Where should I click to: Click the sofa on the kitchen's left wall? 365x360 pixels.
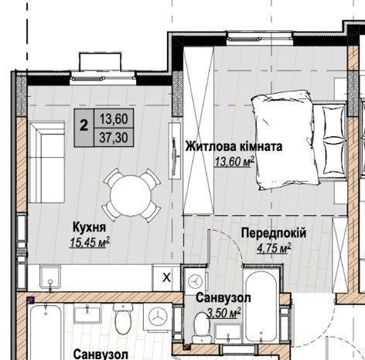[x=45, y=152]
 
